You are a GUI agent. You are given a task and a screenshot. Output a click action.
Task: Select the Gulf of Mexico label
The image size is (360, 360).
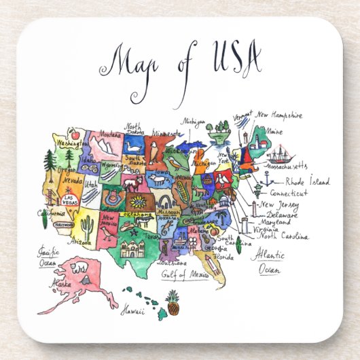click(184, 275)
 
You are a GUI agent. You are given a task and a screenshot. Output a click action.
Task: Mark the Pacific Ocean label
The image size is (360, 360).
click(46, 256)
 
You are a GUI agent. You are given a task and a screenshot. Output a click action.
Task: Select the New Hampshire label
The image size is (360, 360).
click(278, 115)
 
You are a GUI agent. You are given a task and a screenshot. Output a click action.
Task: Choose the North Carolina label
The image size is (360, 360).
click(284, 236)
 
